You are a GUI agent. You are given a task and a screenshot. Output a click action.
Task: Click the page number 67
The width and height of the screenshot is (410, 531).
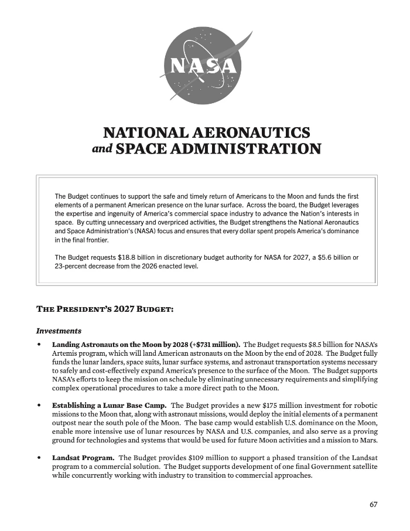[x=373, y=505]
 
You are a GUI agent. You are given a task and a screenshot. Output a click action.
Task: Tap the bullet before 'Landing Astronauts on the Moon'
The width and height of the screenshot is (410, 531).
[x=39, y=344]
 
